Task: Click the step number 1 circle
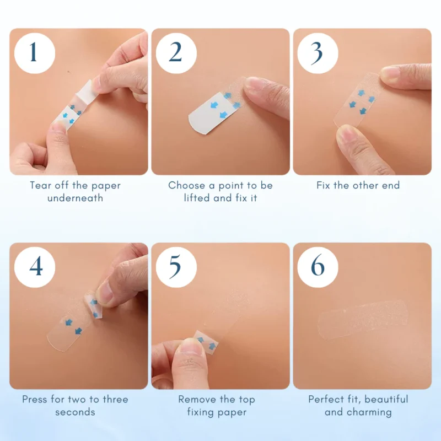(x=35, y=53)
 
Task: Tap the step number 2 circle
(x=176, y=53)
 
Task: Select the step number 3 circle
(x=318, y=53)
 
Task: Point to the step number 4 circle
(x=35, y=267)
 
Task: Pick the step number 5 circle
(x=176, y=267)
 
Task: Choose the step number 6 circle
(x=318, y=267)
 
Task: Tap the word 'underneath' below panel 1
(x=75, y=198)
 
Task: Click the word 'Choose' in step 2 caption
(x=186, y=185)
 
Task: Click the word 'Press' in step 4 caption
(x=35, y=399)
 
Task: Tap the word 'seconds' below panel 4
(x=75, y=412)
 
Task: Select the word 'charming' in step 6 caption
(x=369, y=412)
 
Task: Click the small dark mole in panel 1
(x=69, y=72)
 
